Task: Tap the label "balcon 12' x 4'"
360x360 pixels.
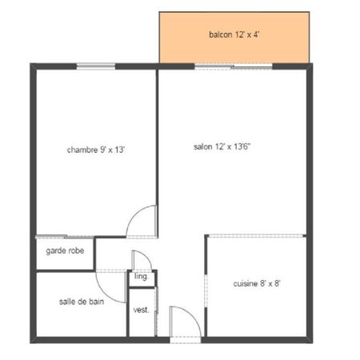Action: (x=234, y=34)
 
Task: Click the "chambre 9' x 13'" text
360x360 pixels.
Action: (x=96, y=150)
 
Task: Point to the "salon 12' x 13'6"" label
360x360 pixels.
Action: (x=222, y=146)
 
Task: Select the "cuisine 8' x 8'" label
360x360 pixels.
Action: (x=257, y=283)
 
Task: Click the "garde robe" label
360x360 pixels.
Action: (x=65, y=250)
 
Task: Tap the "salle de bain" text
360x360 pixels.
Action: (x=82, y=302)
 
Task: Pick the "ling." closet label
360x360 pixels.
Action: (x=141, y=277)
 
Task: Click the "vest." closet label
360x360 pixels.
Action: (x=141, y=310)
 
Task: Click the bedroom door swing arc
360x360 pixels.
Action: (x=134, y=214)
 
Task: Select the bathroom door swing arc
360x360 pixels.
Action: (x=106, y=294)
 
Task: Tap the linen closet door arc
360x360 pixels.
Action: (x=146, y=256)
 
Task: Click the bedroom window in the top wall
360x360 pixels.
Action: (x=96, y=66)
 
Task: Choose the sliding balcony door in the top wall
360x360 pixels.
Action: (x=234, y=66)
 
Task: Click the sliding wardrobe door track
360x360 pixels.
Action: (x=65, y=237)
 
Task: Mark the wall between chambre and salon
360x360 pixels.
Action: (x=158, y=154)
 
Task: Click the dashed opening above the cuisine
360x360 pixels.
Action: (x=256, y=236)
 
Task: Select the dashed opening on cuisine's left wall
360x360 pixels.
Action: (x=206, y=290)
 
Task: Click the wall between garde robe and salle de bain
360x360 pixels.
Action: (x=66, y=271)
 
